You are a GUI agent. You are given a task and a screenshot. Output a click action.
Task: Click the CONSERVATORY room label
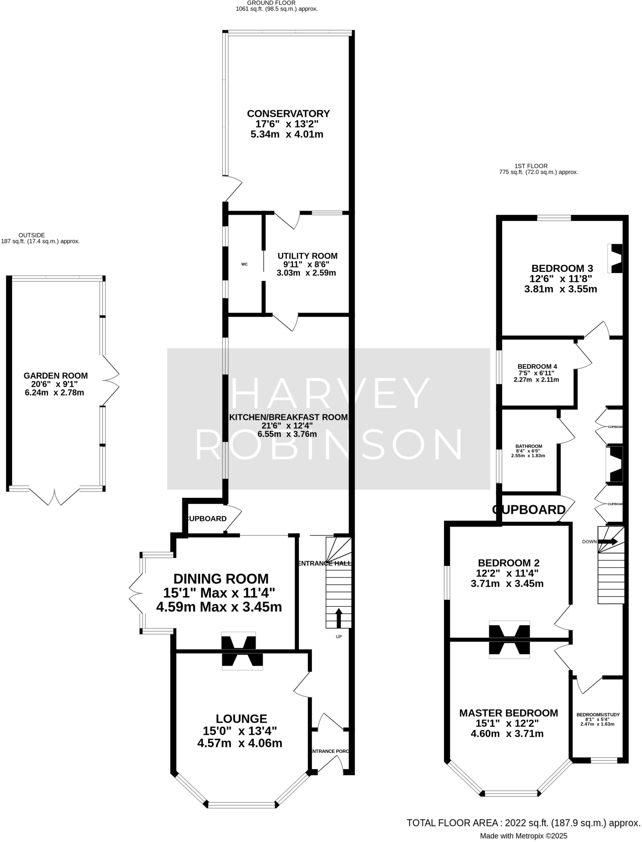point(288,113)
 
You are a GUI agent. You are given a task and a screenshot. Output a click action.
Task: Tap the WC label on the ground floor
point(244,264)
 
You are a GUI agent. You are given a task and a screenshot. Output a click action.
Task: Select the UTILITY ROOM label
point(307,256)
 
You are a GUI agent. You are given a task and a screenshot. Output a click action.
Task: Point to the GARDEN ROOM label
point(55,375)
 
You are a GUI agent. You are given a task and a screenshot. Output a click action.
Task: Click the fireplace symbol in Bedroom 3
point(616,258)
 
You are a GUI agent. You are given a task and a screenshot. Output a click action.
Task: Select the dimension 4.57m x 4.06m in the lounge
point(240,743)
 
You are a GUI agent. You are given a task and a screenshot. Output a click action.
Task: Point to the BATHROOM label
point(529,446)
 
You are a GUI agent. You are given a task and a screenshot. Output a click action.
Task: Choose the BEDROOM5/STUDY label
point(598,715)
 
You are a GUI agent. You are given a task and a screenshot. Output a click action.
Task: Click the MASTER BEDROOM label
point(508,713)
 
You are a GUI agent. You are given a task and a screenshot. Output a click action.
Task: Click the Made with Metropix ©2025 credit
point(523,836)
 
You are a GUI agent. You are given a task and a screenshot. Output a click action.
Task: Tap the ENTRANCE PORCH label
point(330,751)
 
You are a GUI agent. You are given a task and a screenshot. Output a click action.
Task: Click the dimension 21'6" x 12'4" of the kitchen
point(287,426)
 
